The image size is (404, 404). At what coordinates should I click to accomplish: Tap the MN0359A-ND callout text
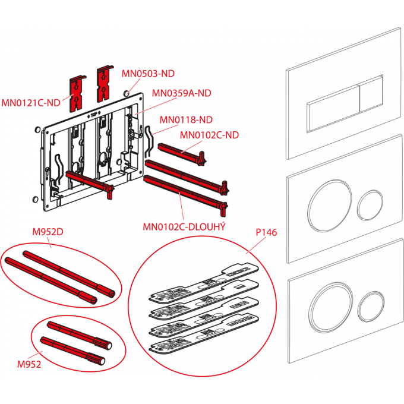[x=181, y=93]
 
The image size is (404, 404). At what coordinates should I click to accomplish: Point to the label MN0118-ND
[x=186, y=119]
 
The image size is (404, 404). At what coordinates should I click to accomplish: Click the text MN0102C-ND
[x=209, y=135]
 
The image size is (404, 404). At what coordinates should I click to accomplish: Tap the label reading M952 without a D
[x=29, y=365]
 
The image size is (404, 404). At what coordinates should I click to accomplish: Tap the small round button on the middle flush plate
[x=371, y=204]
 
